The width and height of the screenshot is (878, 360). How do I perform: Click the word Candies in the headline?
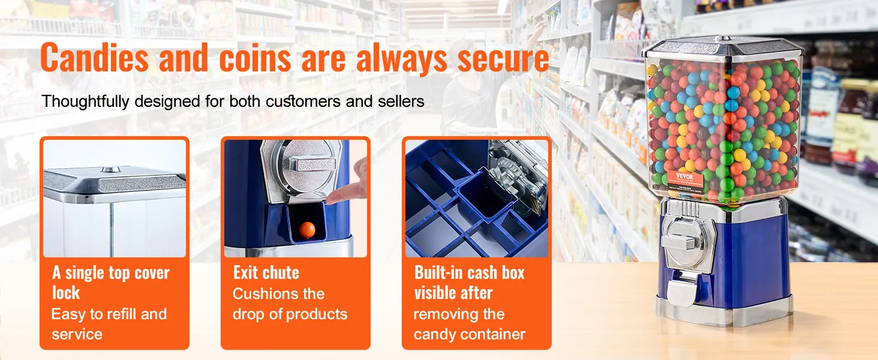click(x=94, y=58)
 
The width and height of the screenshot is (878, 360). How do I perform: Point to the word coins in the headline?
click(x=255, y=58)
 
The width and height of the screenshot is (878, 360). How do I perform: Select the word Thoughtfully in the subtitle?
click(x=85, y=101)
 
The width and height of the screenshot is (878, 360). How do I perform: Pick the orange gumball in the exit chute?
click(x=307, y=230)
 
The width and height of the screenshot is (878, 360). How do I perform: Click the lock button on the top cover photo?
click(x=111, y=170)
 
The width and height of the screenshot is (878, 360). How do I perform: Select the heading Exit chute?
click(x=266, y=272)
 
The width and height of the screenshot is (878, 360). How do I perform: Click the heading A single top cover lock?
click(x=111, y=283)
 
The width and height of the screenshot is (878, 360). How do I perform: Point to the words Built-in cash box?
click(x=469, y=272)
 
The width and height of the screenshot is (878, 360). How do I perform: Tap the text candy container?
click(x=469, y=334)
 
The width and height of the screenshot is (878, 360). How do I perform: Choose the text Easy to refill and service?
click(x=109, y=324)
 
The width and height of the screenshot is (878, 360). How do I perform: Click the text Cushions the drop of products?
click(x=290, y=304)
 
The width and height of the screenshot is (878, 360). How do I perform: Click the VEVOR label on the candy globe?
click(x=685, y=177)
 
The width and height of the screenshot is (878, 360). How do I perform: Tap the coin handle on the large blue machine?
click(x=681, y=240)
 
